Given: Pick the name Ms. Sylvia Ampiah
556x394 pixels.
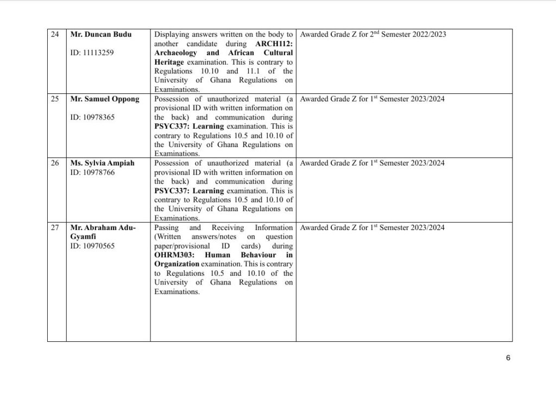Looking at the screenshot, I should coord(100,163).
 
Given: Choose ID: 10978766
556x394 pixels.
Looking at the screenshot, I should coord(92,172).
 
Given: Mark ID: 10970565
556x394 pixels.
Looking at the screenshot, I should coord(92,246).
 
